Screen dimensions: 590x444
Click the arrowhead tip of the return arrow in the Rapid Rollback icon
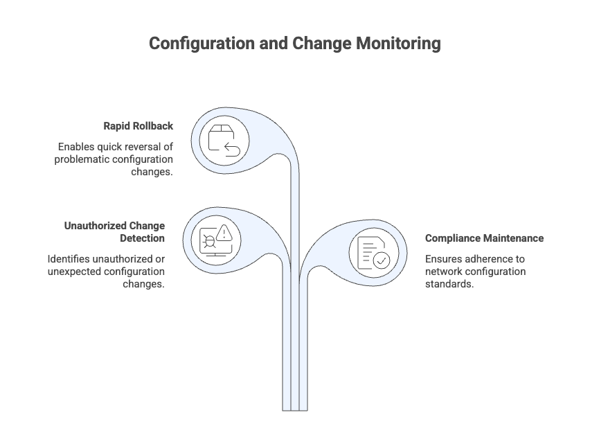[225, 148]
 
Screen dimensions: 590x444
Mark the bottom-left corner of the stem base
[283, 411]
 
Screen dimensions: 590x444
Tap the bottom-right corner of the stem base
[307, 411]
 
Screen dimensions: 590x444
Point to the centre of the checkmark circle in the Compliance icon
[381, 260]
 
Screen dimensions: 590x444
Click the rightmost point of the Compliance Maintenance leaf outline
[406, 253]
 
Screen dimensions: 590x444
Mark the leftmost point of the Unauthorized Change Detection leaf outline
[183, 241]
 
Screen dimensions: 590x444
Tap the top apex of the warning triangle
[224, 225]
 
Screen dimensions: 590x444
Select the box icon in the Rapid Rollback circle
[222, 138]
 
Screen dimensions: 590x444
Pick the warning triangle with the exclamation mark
[224, 233]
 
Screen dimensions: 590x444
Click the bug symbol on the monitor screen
[209, 241]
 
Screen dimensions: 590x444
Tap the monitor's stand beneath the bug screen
[215, 255]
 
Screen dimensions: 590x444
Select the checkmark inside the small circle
[381, 260]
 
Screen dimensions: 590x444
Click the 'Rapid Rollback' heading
[138, 125]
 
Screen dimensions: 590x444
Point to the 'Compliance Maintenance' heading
[484, 238]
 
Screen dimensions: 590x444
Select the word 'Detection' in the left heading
[142, 238]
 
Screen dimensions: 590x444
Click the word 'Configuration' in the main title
[202, 44]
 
